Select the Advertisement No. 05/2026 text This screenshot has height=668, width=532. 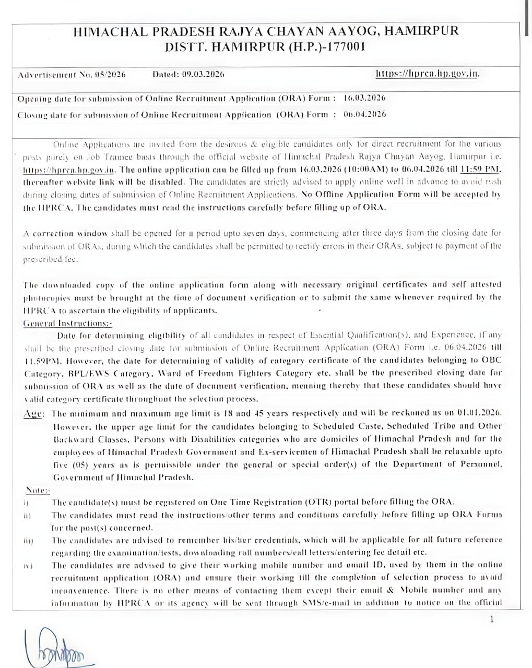point(72,75)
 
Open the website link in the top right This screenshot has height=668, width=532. point(427,74)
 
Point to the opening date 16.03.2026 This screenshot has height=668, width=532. point(365,98)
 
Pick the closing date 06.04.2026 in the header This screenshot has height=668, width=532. point(365,114)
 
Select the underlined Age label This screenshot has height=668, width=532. point(34,413)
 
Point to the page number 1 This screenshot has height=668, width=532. point(492,619)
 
